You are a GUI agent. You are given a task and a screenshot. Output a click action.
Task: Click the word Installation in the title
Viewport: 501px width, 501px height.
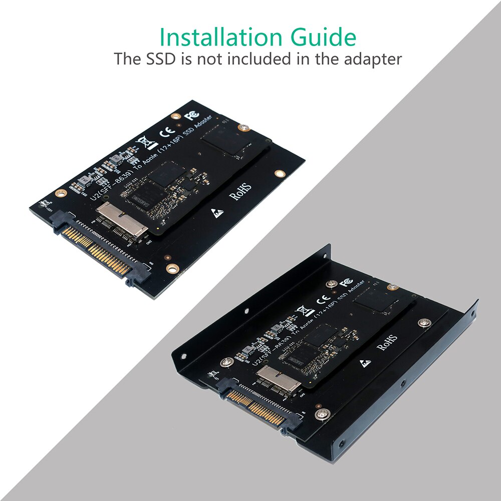[x=209, y=38]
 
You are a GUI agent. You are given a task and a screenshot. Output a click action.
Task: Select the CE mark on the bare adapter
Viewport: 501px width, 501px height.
[x=166, y=133]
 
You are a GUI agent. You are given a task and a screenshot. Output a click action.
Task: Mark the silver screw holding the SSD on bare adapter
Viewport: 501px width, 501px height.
[x=244, y=128]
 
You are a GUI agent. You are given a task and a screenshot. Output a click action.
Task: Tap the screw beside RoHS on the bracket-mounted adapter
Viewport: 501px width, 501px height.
[x=425, y=323]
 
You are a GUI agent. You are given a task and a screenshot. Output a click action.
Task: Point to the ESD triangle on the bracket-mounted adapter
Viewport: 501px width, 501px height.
[x=366, y=362]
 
